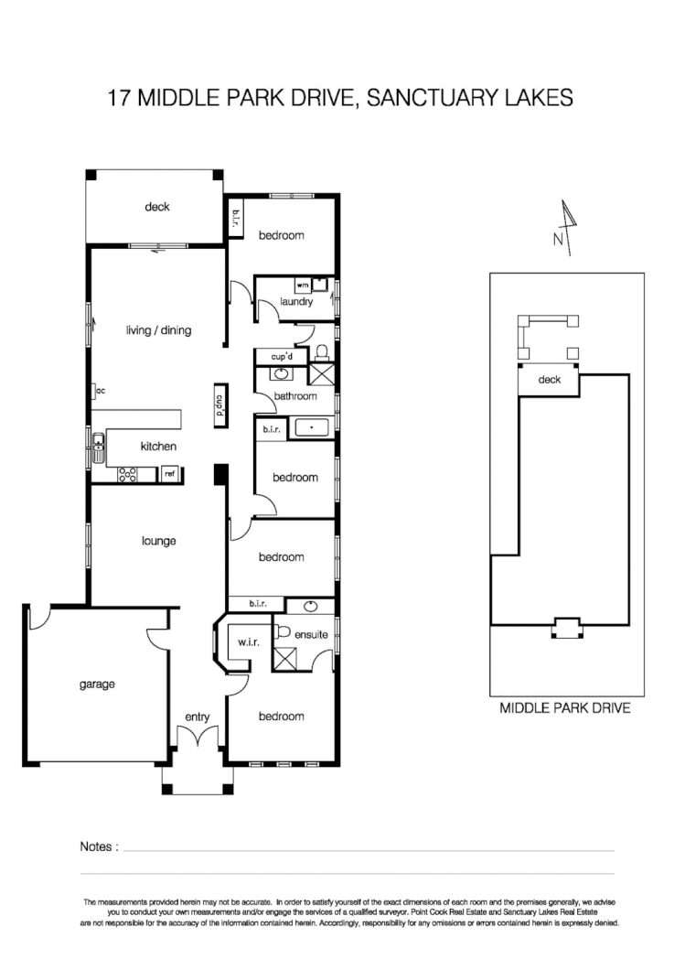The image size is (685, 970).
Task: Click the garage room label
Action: [x=96, y=684]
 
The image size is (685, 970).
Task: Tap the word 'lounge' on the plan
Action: [x=158, y=541]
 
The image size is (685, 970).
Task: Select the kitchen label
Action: [x=158, y=447]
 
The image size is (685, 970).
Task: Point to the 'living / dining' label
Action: [x=158, y=330]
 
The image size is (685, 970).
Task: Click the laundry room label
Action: [x=297, y=301]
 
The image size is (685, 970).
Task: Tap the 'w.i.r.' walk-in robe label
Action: [x=249, y=642]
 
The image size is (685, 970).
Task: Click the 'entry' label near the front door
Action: [x=197, y=717]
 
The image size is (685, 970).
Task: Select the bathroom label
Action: [x=294, y=396]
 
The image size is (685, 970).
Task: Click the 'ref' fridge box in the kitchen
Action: [x=169, y=474]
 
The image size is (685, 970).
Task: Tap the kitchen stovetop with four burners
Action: [x=128, y=474]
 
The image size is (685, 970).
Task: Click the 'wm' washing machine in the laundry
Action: [x=302, y=285]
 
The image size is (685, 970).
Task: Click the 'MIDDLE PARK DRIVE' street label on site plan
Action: [x=564, y=708]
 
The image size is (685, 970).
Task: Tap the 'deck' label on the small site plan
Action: [x=549, y=380]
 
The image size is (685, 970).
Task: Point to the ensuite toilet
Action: [x=284, y=631]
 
